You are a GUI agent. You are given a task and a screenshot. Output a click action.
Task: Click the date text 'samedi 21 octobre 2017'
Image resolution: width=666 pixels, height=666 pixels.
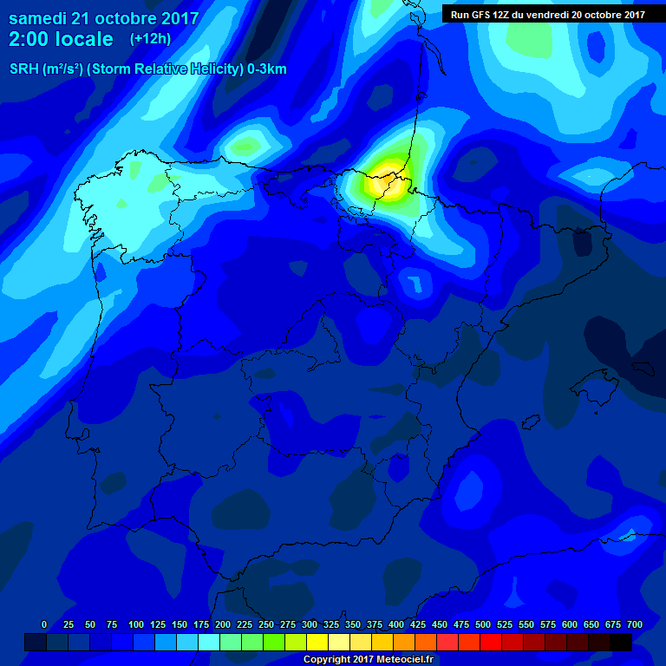(103, 18)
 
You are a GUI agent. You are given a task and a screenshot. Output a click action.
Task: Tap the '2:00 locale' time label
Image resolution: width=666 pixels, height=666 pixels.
(61, 39)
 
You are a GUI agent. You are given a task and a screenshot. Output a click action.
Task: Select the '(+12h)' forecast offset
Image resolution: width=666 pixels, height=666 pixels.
(150, 39)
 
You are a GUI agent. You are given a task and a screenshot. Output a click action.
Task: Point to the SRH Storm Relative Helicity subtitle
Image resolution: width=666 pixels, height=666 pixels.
(147, 69)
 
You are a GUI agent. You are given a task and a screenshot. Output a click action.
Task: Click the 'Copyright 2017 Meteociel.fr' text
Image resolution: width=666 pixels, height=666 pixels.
(368, 660)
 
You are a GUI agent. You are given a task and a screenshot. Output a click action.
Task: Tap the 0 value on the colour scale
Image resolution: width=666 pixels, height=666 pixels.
(44, 624)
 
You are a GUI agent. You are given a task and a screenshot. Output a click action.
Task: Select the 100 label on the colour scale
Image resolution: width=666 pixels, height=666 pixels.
(136, 624)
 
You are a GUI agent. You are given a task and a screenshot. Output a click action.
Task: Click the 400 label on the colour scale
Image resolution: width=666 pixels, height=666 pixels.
(396, 624)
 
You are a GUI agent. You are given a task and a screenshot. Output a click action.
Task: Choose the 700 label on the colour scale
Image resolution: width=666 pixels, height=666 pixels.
(635, 624)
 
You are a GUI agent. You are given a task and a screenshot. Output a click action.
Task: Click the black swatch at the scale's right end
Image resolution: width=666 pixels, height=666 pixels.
(621, 642)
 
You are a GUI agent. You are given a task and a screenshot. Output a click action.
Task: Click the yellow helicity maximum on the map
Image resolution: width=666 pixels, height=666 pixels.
(384, 183)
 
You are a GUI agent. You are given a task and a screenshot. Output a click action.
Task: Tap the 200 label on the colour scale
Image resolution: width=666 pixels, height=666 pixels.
(223, 624)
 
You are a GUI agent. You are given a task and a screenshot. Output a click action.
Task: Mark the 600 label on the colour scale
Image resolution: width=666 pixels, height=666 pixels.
(570, 624)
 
